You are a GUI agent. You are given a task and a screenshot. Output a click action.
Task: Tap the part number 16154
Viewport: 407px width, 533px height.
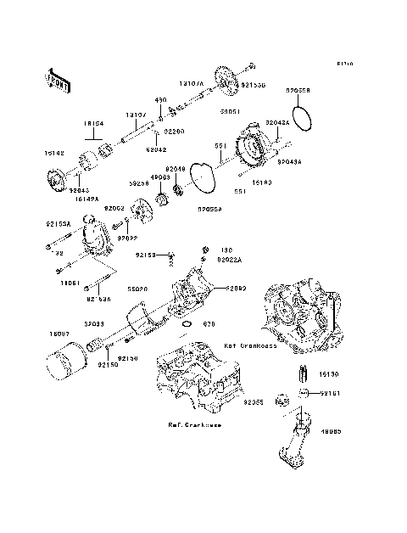point(92,122)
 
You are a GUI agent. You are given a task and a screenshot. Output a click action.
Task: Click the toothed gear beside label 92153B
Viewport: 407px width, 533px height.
point(224,79)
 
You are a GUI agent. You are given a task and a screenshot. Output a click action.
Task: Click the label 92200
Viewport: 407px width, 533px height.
point(175,132)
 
